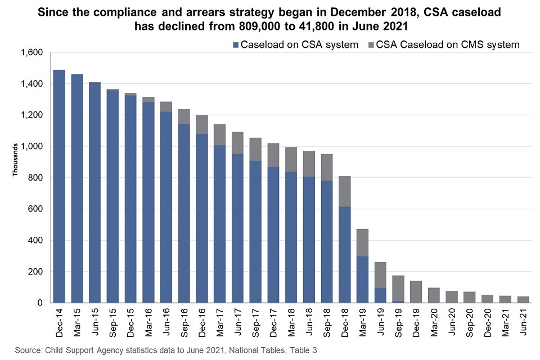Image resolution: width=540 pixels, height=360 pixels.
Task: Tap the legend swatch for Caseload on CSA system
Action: pos(236,45)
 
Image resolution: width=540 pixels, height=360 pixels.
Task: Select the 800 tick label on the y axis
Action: pos(36,178)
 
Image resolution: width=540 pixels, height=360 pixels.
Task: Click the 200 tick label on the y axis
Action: pos(36,272)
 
